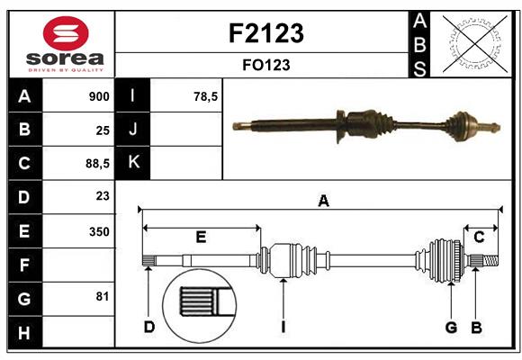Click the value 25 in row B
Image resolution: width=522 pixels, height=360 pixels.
pyautogui.click(x=102, y=130)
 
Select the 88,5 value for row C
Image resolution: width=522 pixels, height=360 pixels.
pyautogui.click(x=96, y=163)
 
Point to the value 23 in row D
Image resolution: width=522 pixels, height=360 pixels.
pyautogui.click(x=102, y=195)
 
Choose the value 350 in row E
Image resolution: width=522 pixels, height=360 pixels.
pyautogui.click(x=99, y=231)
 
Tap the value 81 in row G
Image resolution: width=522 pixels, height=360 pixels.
pyautogui.click(x=102, y=297)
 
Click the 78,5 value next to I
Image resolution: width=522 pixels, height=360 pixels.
pyautogui.click(x=206, y=94)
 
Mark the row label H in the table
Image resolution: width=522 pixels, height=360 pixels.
pyautogui.click(x=24, y=334)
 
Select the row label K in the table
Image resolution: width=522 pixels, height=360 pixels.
pyautogui.click(x=134, y=163)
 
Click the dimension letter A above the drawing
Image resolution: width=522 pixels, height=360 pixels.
pyautogui.click(x=323, y=202)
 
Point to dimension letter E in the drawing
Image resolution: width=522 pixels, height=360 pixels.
pyautogui.click(x=201, y=238)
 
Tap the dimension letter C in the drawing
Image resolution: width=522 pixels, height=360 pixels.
pyautogui.click(x=480, y=238)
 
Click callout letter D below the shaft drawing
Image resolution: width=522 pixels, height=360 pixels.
pyautogui.click(x=149, y=327)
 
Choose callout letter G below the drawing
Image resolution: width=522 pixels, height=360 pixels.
pyautogui.click(x=451, y=327)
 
